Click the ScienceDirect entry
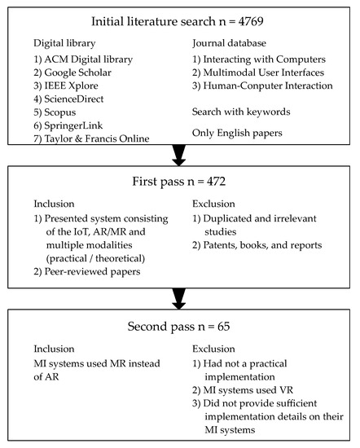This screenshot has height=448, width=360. [x=77, y=99]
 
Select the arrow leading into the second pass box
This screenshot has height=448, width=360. [x=179, y=295]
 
